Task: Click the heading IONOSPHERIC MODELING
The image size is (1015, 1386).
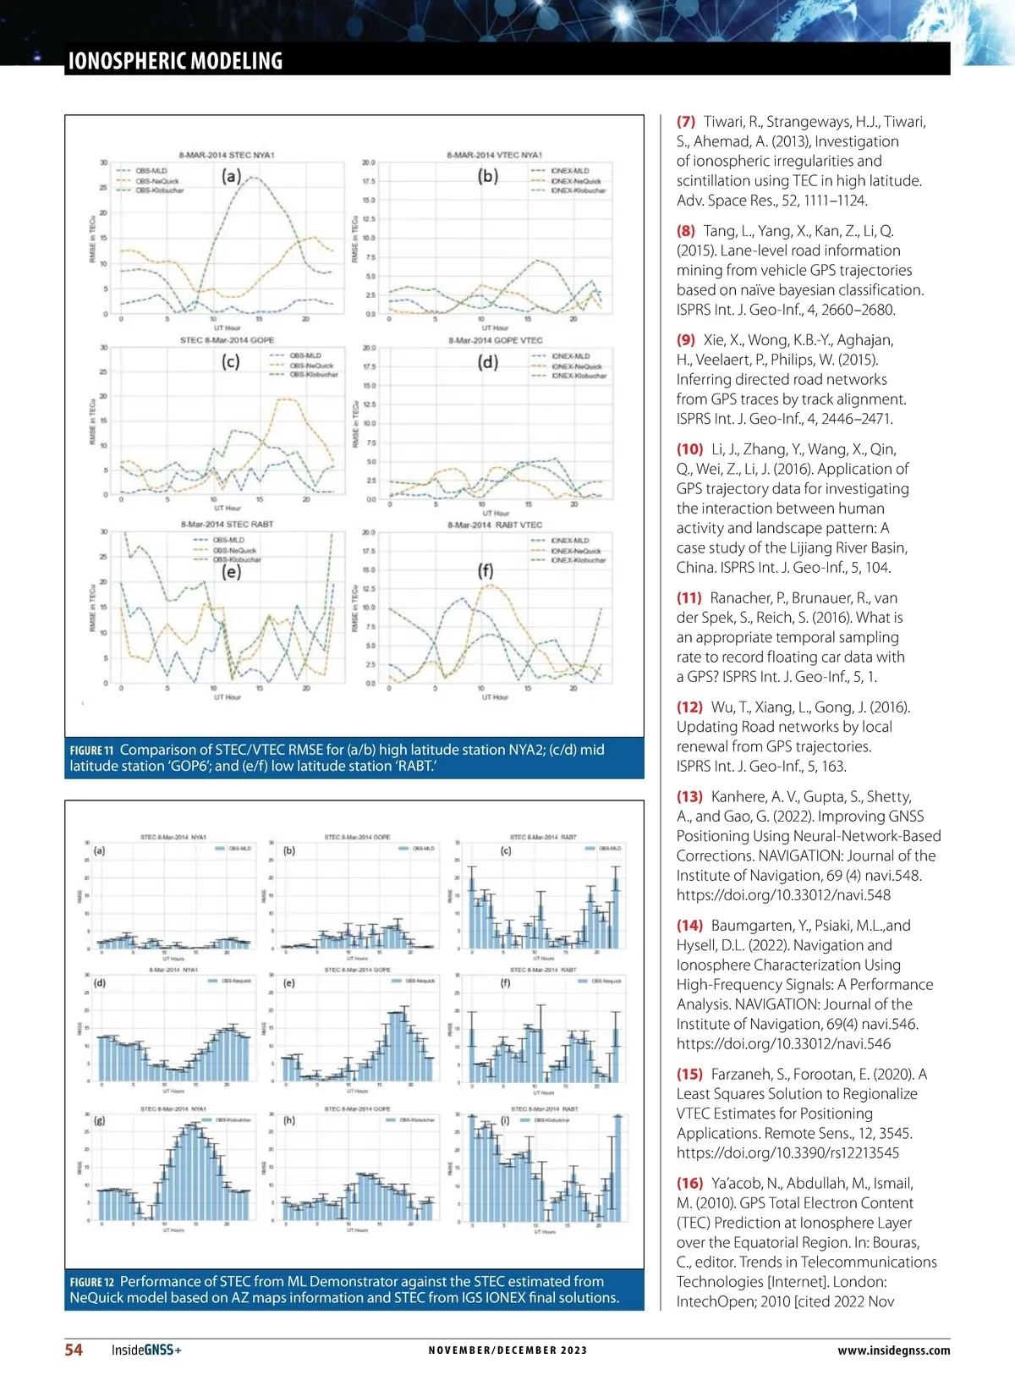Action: [175, 61]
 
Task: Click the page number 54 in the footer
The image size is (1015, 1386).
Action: [74, 1350]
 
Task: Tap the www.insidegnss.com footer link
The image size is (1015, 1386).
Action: [893, 1350]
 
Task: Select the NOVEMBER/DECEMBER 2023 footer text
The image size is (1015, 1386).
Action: [507, 1350]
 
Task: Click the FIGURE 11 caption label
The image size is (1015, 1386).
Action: [91, 751]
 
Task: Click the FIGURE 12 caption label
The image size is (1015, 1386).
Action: [91, 1282]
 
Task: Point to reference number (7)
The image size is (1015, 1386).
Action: [686, 122]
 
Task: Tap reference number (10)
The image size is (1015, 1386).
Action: [689, 449]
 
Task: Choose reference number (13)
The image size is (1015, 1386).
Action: [689, 796]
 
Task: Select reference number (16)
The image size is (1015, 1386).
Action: [689, 1183]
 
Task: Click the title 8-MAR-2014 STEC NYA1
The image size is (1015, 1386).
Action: [227, 156]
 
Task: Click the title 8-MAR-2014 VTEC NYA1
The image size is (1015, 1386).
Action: [494, 156]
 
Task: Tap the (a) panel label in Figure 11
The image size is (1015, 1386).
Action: [232, 176]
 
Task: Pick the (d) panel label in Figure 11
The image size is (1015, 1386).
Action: [488, 362]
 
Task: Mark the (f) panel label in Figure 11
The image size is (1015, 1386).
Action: [486, 570]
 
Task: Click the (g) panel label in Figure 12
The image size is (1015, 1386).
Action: [100, 1120]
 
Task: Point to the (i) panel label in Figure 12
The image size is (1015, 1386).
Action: [505, 1120]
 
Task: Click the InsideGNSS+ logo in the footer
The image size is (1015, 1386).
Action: [146, 1350]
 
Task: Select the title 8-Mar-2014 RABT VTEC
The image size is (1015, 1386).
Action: [495, 525]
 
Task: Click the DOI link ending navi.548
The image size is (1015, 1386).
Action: [783, 895]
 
